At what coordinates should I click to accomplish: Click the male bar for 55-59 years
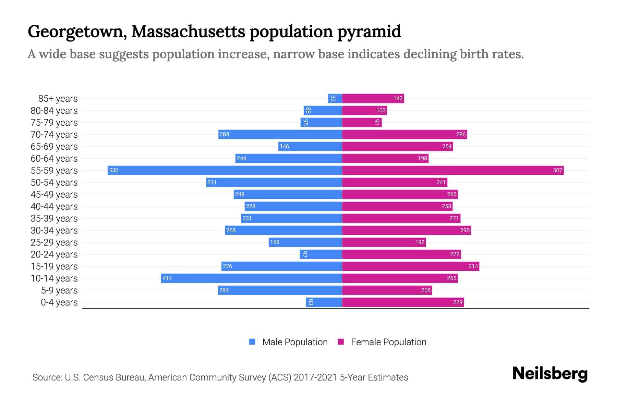pyautogui.click(x=225, y=170)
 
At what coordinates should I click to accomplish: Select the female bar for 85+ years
pyautogui.click(x=373, y=98)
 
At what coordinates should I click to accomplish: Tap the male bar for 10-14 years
pyautogui.click(x=252, y=278)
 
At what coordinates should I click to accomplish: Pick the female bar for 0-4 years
pyautogui.click(x=403, y=302)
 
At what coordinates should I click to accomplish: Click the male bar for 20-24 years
pyautogui.click(x=321, y=254)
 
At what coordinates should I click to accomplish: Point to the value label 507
pyautogui.click(x=557, y=170)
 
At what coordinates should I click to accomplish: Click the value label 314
pyautogui.click(x=473, y=266)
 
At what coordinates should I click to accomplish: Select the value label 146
pyautogui.click(x=284, y=146)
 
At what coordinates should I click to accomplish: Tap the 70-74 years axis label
pyautogui.click(x=54, y=134)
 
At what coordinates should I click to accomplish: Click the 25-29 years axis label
pyautogui.click(x=54, y=242)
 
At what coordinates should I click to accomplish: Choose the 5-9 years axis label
pyautogui.click(x=59, y=290)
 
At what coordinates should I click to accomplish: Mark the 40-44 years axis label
pyautogui.click(x=54, y=206)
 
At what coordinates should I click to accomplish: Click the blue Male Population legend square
pyautogui.click(x=252, y=342)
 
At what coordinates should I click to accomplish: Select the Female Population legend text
pyautogui.click(x=388, y=342)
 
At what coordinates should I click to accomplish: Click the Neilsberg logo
pyautogui.click(x=550, y=374)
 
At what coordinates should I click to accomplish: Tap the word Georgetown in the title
pyautogui.click(x=75, y=32)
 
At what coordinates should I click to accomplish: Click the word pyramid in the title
pyautogui.click(x=369, y=32)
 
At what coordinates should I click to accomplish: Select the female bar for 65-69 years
pyautogui.click(x=397, y=146)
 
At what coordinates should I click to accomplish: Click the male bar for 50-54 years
pyautogui.click(x=274, y=182)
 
